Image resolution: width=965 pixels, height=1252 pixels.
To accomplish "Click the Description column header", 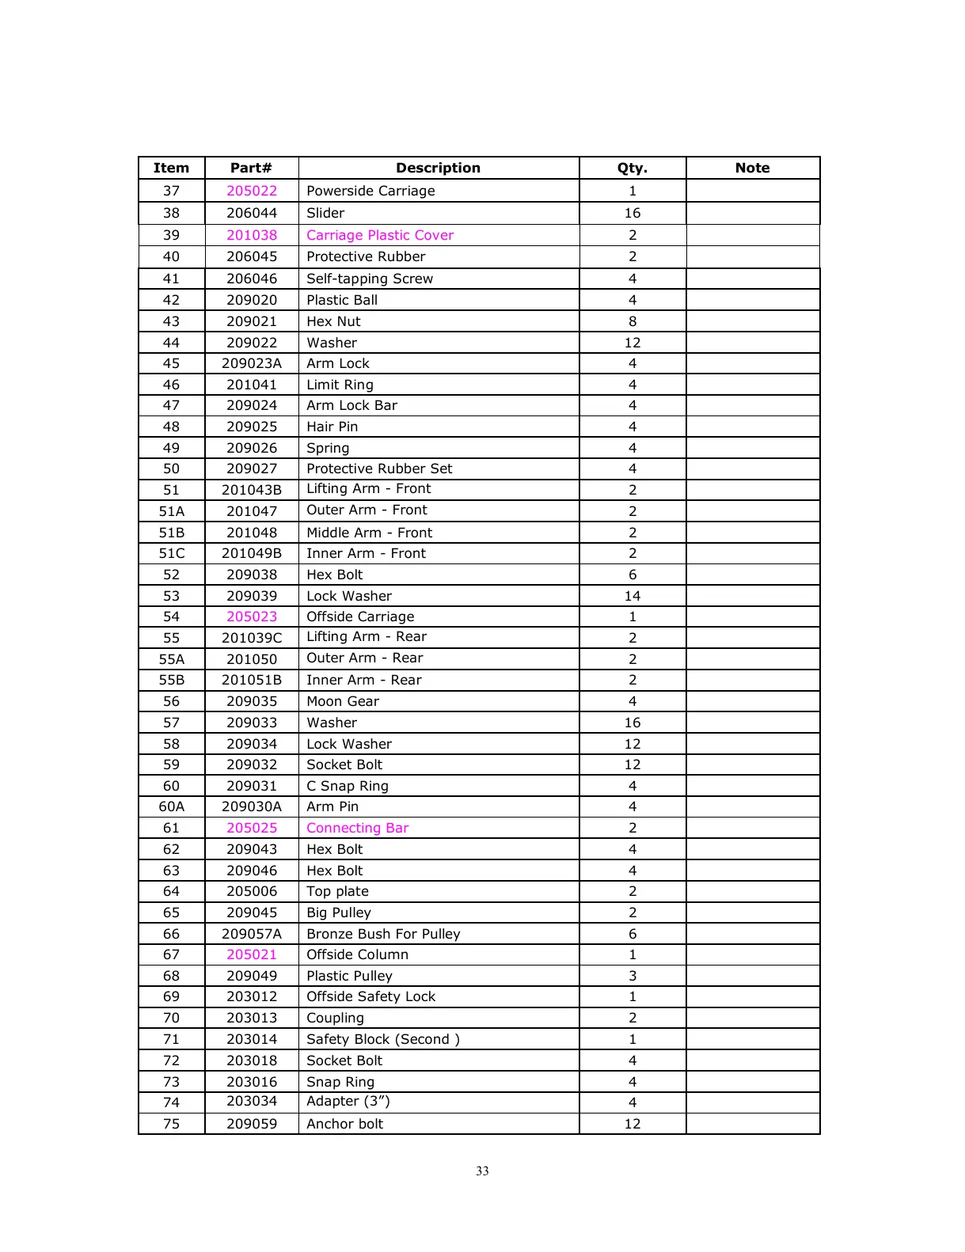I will click(438, 168).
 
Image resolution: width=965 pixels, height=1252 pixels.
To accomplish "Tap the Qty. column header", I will click(632, 168).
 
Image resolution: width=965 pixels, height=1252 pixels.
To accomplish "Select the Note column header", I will click(752, 168).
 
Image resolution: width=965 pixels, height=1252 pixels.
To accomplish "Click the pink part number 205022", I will click(252, 191).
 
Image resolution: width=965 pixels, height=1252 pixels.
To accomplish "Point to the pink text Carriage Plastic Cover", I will click(380, 235).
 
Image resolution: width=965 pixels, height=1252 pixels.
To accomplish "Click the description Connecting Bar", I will click(357, 828).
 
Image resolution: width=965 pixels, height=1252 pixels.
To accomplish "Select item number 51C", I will click(172, 553).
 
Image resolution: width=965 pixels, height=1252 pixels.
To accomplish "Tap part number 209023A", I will click(252, 363).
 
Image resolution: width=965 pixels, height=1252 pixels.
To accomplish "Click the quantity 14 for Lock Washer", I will click(632, 596).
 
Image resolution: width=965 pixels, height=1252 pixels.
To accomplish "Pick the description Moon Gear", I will click(343, 701).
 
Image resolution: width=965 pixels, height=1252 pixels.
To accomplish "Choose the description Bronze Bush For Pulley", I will click(383, 934).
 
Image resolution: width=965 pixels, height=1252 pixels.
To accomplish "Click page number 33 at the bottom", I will click(482, 1171).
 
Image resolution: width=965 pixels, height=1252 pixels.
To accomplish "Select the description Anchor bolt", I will click(344, 1124).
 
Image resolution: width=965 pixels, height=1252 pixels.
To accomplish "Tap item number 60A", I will click(172, 806).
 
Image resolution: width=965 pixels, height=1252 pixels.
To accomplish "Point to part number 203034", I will click(252, 1101).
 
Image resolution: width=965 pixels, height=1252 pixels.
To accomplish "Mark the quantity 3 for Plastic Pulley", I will click(632, 976).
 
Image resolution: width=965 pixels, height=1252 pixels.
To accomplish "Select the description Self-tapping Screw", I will click(370, 279).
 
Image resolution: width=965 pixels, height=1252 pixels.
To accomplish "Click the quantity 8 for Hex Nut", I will click(632, 321).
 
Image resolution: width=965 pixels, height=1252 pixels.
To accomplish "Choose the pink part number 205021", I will click(252, 954).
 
